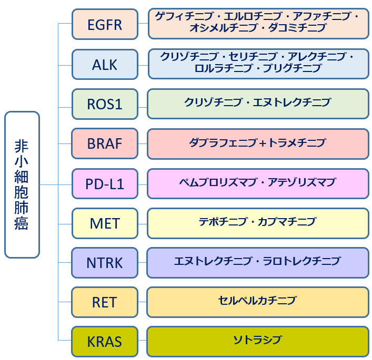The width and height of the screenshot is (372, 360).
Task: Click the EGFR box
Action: (x=105, y=24)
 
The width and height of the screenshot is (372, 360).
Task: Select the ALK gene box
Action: (x=105, y=65)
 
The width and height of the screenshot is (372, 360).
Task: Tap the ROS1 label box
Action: (x=105, y=104)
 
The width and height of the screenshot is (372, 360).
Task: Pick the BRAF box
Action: (x=105, y=143)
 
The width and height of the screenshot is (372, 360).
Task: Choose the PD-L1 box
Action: (x=105, y=184)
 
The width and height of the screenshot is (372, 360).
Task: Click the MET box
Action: (x=105, y=223)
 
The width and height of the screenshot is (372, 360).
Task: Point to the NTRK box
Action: (x=105, y=263)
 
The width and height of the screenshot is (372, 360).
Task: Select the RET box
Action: (x=105, y=302)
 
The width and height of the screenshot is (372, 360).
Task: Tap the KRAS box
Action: (x=105, y=342)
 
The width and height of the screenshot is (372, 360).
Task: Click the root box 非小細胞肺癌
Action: (x=22, y=184)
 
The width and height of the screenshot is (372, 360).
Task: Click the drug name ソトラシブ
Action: (x=258, y=340)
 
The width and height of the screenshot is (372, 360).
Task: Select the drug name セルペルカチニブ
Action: (x=257, y=301)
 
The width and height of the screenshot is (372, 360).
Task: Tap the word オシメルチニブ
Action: (x=223, y=28)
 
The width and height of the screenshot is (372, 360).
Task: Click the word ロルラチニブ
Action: (x=223, y=68)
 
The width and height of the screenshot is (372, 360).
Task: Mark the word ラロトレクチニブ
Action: (x=302, y=261)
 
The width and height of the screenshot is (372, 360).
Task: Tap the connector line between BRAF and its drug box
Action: (x=143, y=143)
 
